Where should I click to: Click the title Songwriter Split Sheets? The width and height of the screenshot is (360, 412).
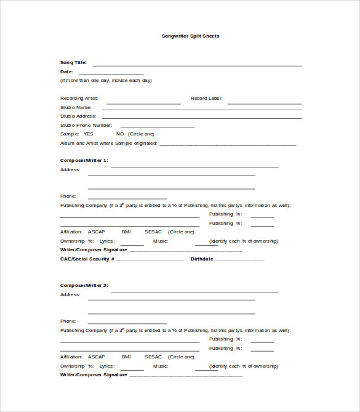click(190, 36)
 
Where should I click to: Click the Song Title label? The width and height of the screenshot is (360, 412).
click(73, 62)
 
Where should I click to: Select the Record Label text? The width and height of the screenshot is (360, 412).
click(206, 98)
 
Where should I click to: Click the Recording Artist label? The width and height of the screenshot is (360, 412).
click(79, 98)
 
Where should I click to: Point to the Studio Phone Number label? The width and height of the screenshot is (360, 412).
click(86, 125)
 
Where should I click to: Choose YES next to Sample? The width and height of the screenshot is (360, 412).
click(88, 134)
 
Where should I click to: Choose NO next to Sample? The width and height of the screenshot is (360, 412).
click(120, 134)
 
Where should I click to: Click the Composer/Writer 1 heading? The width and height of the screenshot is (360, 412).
click(84, 160)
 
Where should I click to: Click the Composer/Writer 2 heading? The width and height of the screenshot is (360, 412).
click(84, 285)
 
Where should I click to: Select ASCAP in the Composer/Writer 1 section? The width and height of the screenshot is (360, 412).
click(96, 232)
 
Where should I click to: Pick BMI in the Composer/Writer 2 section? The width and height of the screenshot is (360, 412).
click(126, 357)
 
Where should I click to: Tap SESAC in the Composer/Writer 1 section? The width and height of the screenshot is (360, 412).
click(153, 232)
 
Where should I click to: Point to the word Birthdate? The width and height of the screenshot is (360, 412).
click(202, 259)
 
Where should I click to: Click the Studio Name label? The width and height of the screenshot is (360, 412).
click(76, 107)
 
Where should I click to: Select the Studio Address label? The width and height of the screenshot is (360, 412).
click(78, 116)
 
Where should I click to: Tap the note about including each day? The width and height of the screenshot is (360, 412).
click(106, 80)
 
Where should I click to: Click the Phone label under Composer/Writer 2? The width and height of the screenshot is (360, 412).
click(68, 321)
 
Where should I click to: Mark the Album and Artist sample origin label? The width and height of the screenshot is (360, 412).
click(108, 143)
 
